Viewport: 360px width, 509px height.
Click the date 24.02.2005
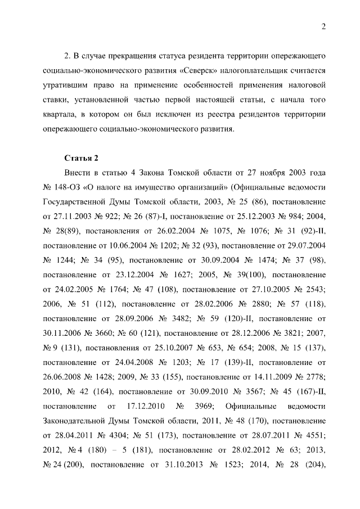(71, 289)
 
